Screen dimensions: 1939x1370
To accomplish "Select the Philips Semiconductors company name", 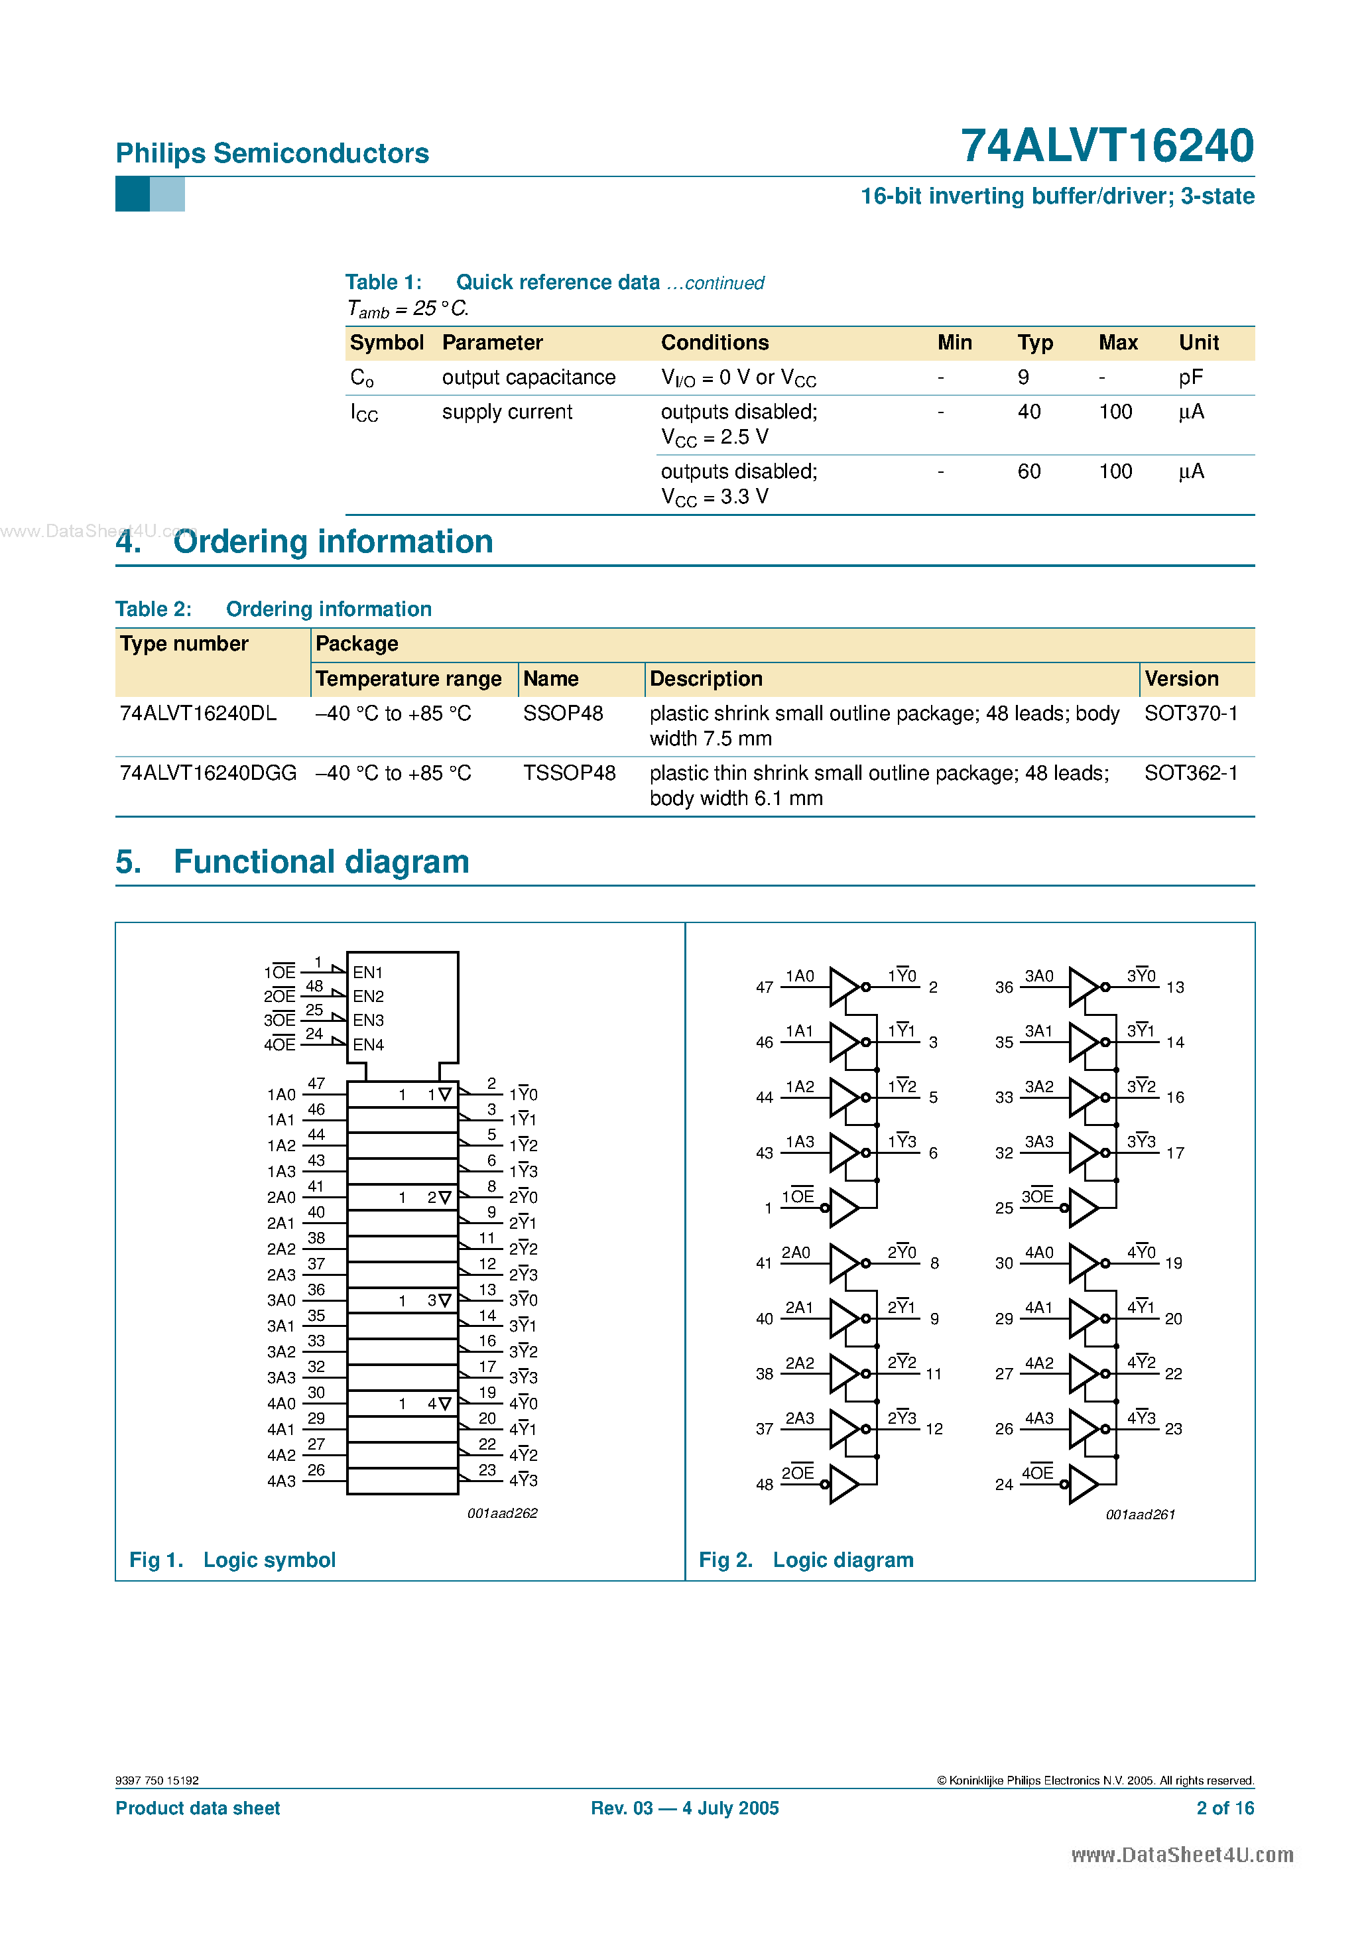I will point(272,153).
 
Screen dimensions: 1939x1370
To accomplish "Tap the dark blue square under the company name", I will point(132,194).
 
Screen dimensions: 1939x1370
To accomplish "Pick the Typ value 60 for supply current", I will point(1028,471).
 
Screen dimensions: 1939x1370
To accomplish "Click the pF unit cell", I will point(1190,377).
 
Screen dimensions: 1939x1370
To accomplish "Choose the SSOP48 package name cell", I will point(562,714).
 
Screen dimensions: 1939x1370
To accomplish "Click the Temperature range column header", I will point(408,679).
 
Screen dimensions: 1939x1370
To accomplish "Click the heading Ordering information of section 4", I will point(333,541).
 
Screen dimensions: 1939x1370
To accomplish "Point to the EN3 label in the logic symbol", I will point(368,1020).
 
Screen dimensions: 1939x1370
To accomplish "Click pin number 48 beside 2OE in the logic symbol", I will point(314,985).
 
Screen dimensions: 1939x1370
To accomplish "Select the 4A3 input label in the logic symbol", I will point(281,1481).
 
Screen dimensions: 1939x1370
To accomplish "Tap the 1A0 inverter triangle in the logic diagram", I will point(843,986).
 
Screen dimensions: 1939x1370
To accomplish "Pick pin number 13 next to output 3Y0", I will point(1175,987).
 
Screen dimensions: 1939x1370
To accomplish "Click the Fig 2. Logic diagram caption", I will point(806,1560).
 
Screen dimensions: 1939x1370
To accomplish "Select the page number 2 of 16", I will point(1224,1808).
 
